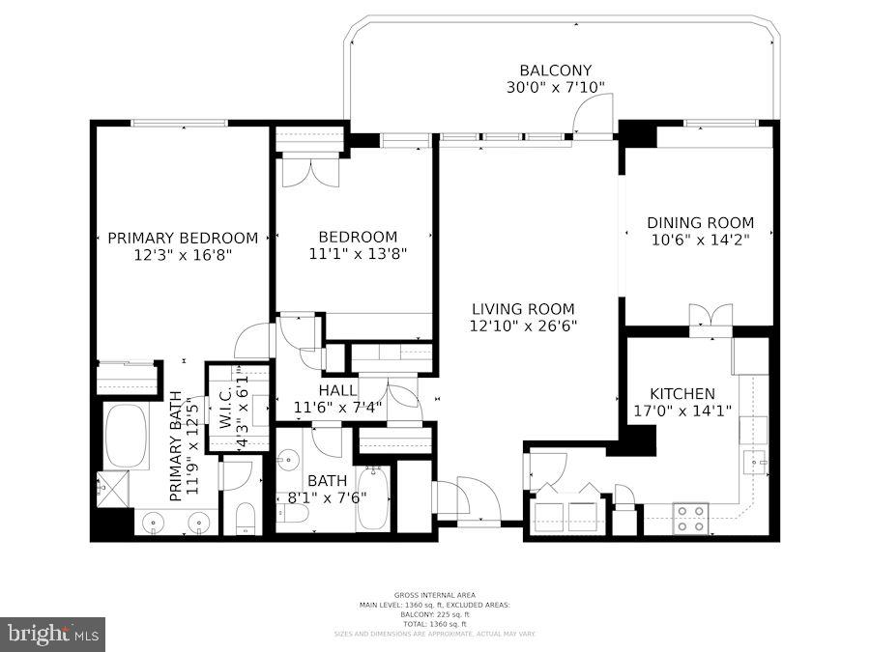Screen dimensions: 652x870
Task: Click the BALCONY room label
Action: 555,71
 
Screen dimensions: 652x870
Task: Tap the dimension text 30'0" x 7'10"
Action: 555,87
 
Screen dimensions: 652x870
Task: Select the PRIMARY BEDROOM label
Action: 183,238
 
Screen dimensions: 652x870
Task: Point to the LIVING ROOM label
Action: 523,309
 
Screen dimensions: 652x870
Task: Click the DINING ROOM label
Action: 700,223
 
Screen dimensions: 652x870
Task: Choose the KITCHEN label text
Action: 681,393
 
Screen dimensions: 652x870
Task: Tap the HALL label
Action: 337,389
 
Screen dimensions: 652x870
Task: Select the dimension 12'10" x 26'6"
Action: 523,326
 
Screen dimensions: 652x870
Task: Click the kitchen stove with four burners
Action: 690,518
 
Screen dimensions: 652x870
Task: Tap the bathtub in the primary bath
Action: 125,436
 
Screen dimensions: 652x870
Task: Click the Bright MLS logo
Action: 53,635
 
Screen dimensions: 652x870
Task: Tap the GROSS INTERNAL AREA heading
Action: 434,595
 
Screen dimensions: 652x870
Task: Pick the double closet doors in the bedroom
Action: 310,170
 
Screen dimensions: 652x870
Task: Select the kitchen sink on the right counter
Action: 754,465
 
